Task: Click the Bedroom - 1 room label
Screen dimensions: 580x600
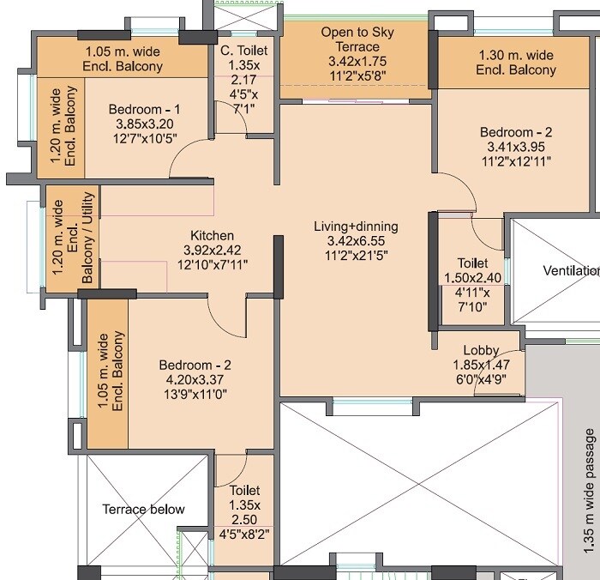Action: [145, 110]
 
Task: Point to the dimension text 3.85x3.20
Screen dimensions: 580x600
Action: [145, 124]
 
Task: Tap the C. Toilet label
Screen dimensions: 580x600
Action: [244, 51]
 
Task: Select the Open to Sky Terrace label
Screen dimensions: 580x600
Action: [357, 39]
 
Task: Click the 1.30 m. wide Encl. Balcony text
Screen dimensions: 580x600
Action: [516, 62]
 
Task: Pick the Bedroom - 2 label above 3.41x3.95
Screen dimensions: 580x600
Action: [516, 132]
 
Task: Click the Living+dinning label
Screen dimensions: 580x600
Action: [356, 227]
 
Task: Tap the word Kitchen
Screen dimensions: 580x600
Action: [213, 236]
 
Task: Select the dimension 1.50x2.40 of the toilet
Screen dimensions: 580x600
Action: [472, 278]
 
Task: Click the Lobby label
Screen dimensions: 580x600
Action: [481, 350]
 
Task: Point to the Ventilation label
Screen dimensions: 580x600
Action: [571, 271]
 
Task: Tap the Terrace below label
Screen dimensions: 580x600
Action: [143, 509]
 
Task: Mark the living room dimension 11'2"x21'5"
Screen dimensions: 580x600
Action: [356, 256]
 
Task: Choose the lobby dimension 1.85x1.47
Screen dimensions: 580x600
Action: [481, 365]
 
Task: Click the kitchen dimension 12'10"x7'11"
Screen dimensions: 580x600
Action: [213, 265]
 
